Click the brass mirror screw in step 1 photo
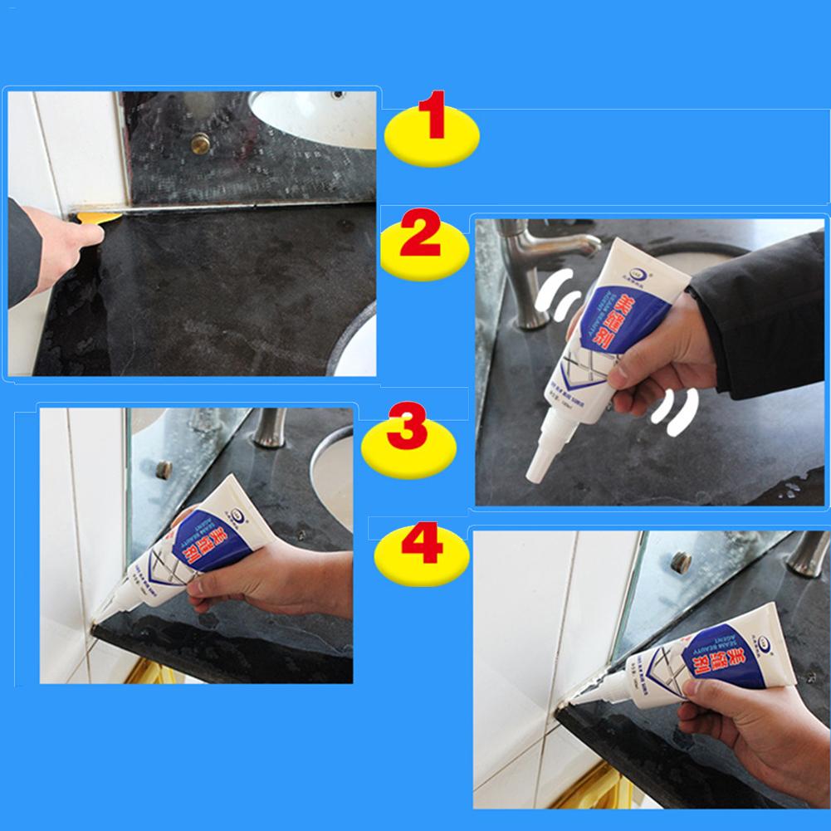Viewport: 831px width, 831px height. coord(200,144)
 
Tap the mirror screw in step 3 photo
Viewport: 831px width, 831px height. coord(164,468)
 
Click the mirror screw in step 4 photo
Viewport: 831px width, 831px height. coord(681,562)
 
